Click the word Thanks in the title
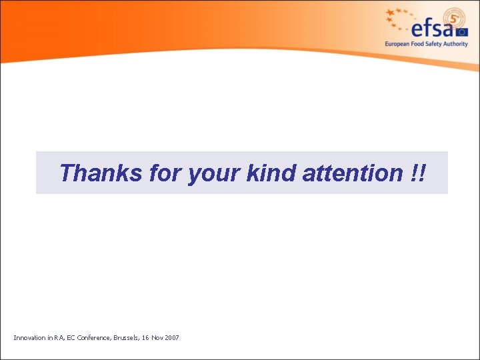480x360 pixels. point(101,173)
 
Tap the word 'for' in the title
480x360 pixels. point(165,173)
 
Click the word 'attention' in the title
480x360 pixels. point(351,173)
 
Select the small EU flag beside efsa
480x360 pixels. point(462,30)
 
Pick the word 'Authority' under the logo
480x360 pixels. point(457,44)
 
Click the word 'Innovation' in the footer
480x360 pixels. point(28,338)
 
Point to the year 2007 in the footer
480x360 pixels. point(171,338)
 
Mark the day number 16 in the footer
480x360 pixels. point(145,338)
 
